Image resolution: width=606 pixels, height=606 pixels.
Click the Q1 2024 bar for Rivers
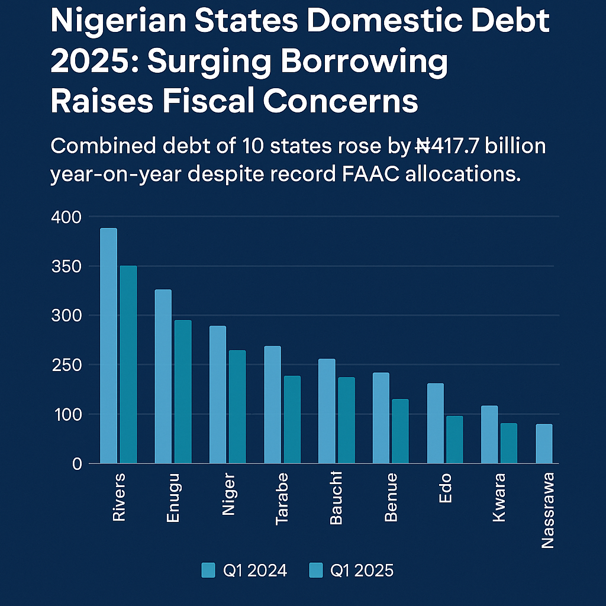108,346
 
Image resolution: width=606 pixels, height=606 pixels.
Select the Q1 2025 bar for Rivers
128,365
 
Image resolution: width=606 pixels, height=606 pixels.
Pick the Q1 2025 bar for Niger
237,407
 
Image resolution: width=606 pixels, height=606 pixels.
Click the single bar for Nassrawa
544,444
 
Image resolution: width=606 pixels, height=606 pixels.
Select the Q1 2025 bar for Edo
454,440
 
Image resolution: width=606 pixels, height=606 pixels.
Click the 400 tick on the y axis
67,217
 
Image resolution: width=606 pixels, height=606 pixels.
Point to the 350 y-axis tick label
67,266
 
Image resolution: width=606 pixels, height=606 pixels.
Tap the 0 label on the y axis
76,464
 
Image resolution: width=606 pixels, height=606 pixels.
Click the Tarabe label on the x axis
282,498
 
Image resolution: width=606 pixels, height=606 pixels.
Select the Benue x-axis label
391,497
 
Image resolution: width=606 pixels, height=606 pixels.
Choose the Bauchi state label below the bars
336,498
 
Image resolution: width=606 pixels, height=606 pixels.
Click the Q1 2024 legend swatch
208,570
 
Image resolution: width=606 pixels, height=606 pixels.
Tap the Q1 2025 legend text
361,570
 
